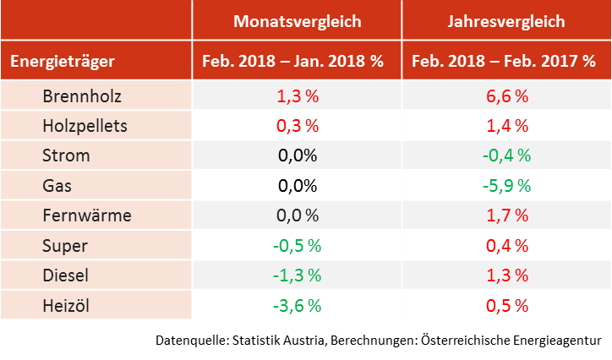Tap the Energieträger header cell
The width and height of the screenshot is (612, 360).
click(x=63, y=61)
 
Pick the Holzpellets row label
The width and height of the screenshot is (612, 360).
click(x=85, y=125)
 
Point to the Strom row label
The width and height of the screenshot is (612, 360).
click(x=66, y=155)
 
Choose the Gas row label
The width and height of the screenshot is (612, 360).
click(x=57, y=185)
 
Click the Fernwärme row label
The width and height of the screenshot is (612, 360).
click(x=87, y=215)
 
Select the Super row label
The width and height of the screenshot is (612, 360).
click(x=65, y=245)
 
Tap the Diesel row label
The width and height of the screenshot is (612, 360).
click(x=67, y=275)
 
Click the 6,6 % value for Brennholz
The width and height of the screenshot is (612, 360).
click(x=506, y=95)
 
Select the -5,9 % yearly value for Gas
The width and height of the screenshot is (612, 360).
click(x=506, y=185)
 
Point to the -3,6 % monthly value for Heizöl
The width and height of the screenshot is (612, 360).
click(x=297, y=304)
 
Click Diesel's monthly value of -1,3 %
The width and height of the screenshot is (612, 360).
click(x=297, y=275)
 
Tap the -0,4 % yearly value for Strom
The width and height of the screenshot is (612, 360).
click(x=506, y=155)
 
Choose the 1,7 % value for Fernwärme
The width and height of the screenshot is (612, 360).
click(x=506, y=215)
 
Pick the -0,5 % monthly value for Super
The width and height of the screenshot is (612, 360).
click(x=297, y=245)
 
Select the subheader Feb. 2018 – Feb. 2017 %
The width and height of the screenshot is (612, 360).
click(x=505, y=61)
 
